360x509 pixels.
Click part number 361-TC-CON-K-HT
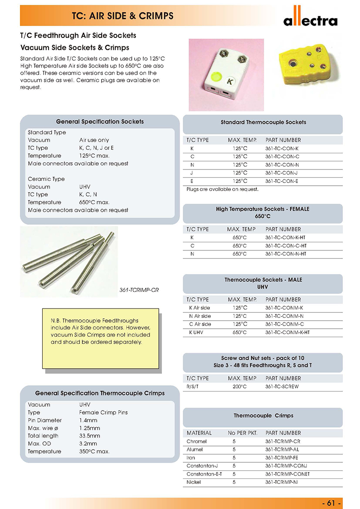(x=286, y=237)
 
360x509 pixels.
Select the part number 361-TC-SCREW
(x=282, y=387)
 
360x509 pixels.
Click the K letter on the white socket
(x=229, y=82)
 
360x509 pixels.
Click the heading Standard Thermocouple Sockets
(x=263, y=122)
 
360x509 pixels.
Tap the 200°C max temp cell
(x=239, y=387)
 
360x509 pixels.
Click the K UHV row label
(x=197, y=332)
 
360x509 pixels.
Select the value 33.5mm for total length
(x=90, y=436)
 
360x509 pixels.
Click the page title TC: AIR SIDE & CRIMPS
(x=123, y=16)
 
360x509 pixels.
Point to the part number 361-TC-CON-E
(x=282, y=181)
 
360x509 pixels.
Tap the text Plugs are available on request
(x=223, y=189)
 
